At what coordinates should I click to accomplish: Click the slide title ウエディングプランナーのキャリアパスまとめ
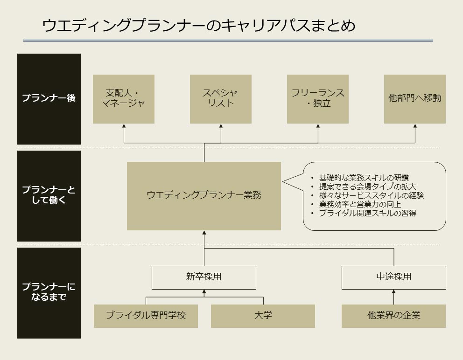point(199,25)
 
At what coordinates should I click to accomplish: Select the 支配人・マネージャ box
point(124,99)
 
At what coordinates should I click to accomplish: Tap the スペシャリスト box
point(221,99)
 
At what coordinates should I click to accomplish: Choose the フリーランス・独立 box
point(318,99)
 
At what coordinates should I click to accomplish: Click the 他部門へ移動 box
point(415,99)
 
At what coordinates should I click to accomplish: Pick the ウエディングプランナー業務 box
point(204,196)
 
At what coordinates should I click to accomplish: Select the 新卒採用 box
point(204,277)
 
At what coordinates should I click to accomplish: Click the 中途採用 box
point(394,277)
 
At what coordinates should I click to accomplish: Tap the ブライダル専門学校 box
point(146,316)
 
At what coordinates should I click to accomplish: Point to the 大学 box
point(263,316)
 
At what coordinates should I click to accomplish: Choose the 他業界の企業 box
point(393,316)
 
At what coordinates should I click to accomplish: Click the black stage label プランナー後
point(49,99)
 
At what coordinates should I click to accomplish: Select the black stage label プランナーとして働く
point(49,196)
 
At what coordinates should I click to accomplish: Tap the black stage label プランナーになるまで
point(49,293)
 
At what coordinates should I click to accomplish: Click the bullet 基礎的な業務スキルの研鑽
point(364,178)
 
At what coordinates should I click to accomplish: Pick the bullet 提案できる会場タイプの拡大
point(368,187)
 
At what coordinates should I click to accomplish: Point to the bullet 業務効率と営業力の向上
point(360,204)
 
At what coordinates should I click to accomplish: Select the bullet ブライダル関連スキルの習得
point(368,213)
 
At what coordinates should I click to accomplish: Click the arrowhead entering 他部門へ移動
point(415,126)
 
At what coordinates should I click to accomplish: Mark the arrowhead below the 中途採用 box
point(393,291)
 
